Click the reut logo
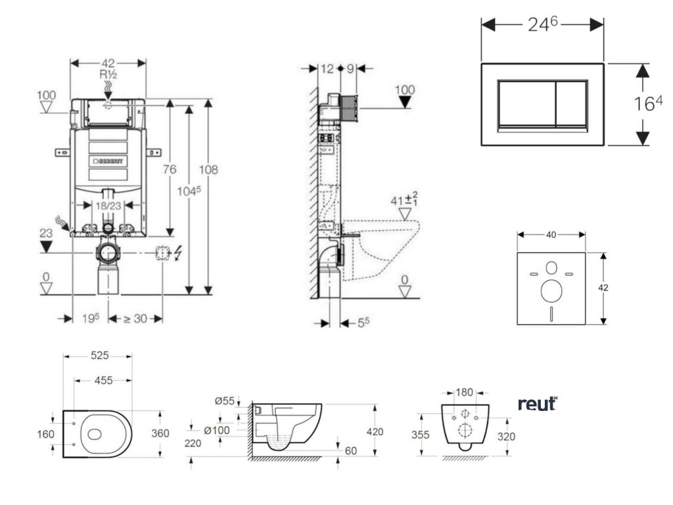coord(538,404)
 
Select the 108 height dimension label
coord(208,170)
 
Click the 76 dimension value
coord(170,170)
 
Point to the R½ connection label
coord(108,74)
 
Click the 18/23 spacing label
coord(108,206)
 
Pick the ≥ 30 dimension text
coord(135,319)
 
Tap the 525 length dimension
coord(99,356)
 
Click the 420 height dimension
coord(375,431)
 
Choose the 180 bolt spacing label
coord(464,393)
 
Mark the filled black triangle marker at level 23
coord(46,247)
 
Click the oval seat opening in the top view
coord(95,434)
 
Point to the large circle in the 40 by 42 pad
coord(551,289)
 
